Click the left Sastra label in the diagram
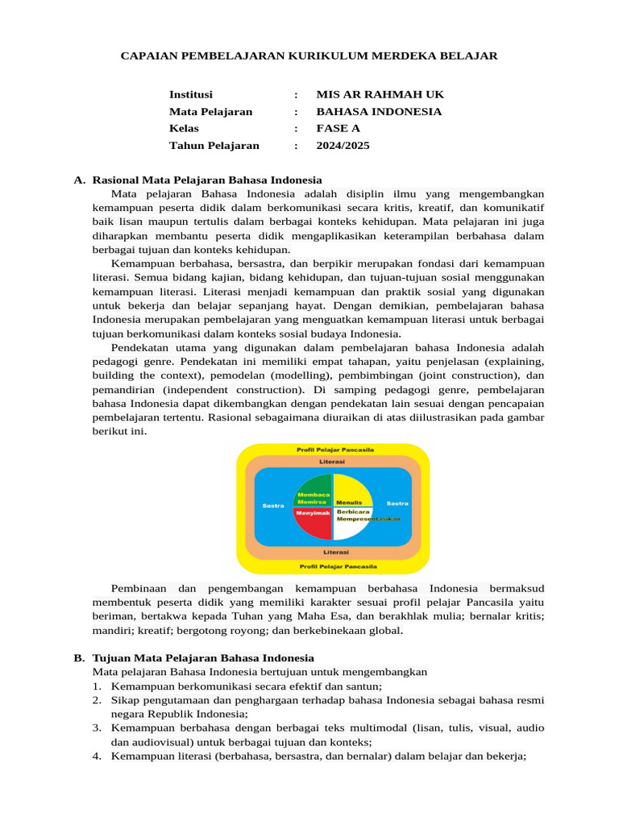[273, 505]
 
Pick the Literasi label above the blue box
[332, 462]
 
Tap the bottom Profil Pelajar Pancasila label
[333, 565]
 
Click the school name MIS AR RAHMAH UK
[380, 94]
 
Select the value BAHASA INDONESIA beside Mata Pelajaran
[379, 111]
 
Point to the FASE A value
[338, 128]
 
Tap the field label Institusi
[191, 94]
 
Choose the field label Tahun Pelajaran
[214, 146]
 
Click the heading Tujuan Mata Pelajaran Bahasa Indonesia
[203, 658]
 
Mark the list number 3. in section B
[96, 728]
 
